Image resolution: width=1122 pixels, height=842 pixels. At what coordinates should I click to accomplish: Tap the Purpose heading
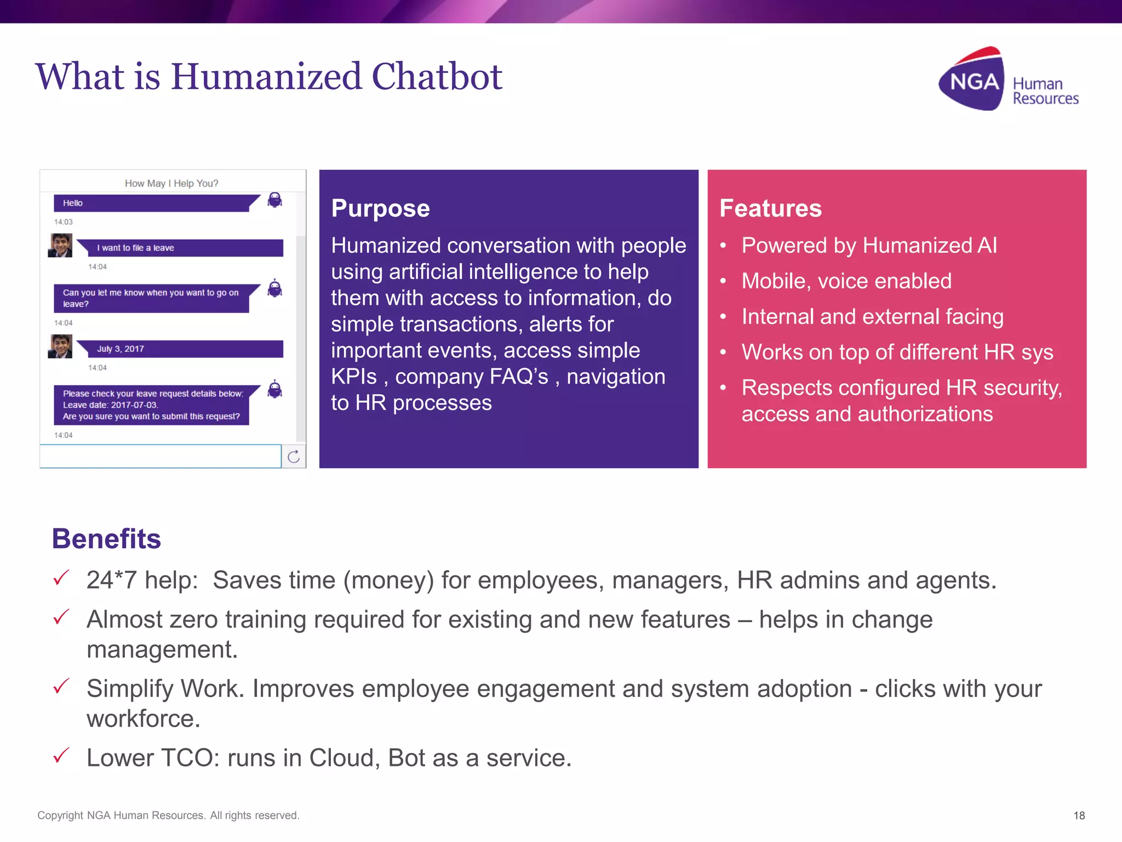point(380,208)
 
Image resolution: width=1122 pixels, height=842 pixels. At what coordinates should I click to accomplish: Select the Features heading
point(770,208)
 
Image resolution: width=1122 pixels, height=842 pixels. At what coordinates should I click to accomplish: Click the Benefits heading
point(106,538)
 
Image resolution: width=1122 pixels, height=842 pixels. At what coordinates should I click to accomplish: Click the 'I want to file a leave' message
point(181,248)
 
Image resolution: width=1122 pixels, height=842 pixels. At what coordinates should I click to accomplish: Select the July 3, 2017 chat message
point(181,349)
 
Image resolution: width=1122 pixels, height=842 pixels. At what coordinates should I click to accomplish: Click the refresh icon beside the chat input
point(294,456)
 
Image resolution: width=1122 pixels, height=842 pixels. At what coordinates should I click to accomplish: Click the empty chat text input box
point(160,456)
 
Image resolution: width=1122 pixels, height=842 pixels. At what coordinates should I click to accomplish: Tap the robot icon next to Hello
point(274,200)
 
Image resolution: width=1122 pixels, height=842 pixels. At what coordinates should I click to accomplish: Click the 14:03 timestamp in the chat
point(63,222)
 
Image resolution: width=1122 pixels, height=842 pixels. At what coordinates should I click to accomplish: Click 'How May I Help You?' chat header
point(171,183)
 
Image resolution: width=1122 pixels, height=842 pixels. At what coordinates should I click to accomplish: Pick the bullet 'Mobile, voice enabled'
point(846,281)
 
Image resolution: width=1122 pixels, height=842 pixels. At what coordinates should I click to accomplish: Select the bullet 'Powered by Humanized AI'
point(869,246)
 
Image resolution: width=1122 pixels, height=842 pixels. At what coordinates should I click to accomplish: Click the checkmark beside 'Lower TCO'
point(61,755)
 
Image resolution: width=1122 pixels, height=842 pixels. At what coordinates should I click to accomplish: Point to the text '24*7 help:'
point(142,580)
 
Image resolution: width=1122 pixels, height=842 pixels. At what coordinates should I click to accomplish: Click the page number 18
point(1079,816)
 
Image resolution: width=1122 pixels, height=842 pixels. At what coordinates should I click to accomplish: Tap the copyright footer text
point(168,815)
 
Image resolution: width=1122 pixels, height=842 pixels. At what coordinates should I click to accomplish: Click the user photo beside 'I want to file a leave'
point(60,245)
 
